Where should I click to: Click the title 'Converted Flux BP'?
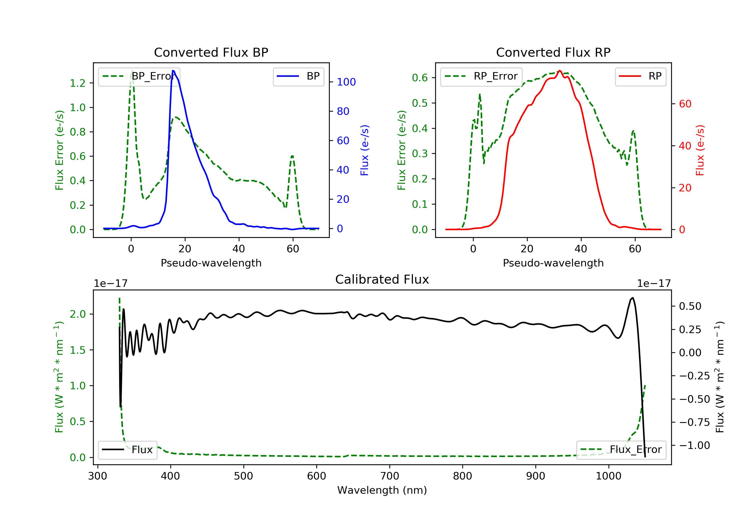click(x=211, y=52)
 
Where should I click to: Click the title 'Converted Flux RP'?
click(x=553, y=52)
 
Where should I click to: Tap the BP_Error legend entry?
click(x=139, y=76)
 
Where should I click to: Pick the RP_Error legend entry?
click(x=481, y=76)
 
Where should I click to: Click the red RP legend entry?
click(x=640, y=76)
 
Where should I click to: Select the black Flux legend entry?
click(x=128, y=450)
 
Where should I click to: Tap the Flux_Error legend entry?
click(x=621, y=450)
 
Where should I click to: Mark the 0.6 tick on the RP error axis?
click(x=420, y=78)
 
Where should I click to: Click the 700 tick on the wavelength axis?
click(x=390, y=476)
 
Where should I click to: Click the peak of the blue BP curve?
click(x=173, y=71)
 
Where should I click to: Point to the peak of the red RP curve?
click(x=559, y=71)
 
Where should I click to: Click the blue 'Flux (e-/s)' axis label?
click(x=365, y=150)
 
